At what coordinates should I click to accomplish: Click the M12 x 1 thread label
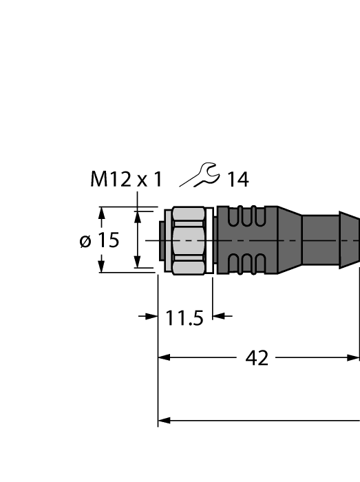pos(127,180)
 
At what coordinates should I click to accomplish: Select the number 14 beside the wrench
pos(237,180)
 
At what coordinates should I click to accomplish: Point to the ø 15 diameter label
pos(99,240)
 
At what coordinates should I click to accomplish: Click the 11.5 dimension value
pos(184,317)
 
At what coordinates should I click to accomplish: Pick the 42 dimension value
pos(257,359)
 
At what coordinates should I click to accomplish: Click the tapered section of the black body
pos(289,240)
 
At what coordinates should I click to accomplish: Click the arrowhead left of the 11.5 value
pos(151,317)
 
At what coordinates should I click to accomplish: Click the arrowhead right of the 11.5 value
pos(219,317)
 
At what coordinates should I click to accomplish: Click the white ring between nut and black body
pos(213,240)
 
